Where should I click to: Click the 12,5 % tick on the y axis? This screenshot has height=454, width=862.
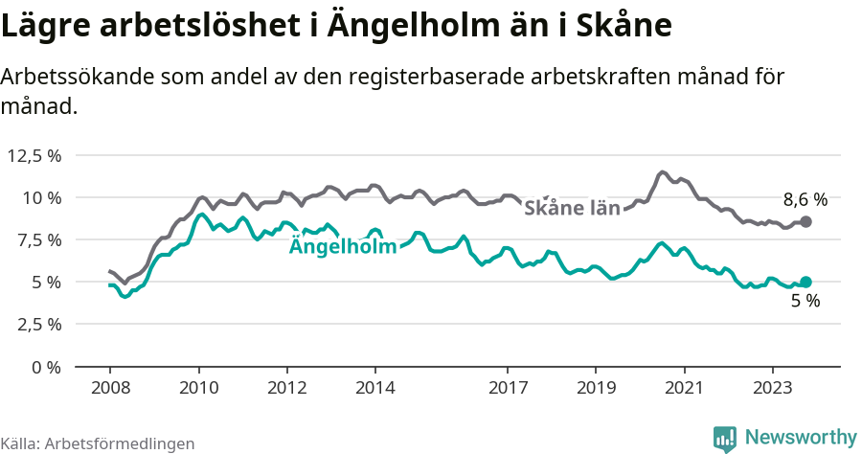pos(34,155)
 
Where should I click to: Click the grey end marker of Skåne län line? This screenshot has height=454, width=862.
pos(805,221)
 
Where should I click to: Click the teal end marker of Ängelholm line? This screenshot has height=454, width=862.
pos(805,282)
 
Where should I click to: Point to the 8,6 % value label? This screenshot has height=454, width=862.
pos(805,200)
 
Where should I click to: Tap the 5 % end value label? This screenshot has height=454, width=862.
pos(805,301)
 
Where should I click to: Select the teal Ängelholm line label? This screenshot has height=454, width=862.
pos(343,247)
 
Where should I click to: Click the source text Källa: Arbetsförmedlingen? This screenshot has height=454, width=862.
pos(98,443)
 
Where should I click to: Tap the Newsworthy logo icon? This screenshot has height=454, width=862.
pos(725,438)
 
